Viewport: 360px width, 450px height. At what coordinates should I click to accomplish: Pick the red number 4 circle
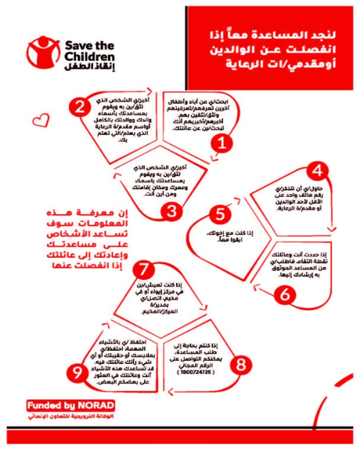(x=319, y=171)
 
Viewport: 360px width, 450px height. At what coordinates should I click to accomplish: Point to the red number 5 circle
(x=221, y=213)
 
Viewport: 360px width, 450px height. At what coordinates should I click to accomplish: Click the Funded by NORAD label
(x=71, y=405)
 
